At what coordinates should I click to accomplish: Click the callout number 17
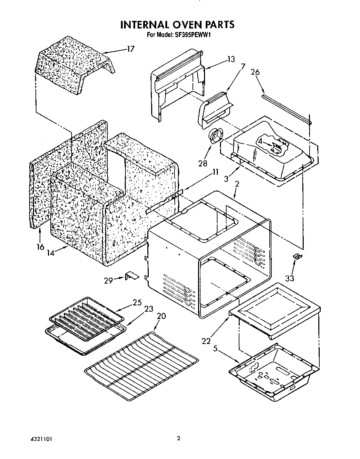[x=130, y=49]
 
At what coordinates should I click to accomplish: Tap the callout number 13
[x=231, y=59]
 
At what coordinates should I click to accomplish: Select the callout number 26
[x=255, y=72]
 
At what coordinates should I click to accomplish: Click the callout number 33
[x=289, y=278]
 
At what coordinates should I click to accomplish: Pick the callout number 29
[x=108, y=280]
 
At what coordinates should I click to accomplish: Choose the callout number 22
[x=206, y=341]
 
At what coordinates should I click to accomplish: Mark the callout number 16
[x=41, y=247]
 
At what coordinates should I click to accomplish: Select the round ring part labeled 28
[x=216, y=135]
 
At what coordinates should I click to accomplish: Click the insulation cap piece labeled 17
[x=75, y=68]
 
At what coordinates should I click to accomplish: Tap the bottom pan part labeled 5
[x=273, y=371]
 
